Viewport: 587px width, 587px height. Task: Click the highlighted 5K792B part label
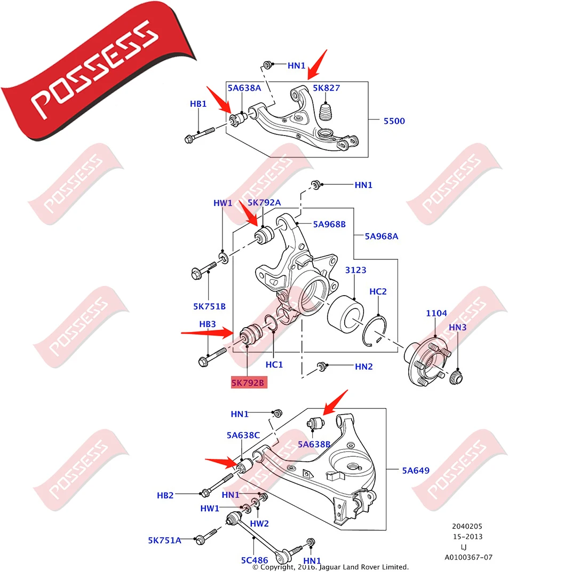click(248, 383)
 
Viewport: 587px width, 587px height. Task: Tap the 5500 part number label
click(394, 121)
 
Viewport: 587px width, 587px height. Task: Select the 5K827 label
click(326, 88)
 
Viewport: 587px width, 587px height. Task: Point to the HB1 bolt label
click(198, 104)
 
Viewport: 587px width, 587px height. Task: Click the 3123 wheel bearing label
click(355, 270)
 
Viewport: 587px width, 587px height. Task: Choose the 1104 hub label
click(436, 313)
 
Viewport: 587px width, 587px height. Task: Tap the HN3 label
click(457, 327)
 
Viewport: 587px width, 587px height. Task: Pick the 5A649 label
click(416, 470)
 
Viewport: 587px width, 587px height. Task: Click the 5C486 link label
click(254, 560)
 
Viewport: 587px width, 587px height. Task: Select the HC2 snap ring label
click(378, 291)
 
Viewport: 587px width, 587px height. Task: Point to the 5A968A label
click(381, 236)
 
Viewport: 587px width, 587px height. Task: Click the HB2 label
click(165, 495)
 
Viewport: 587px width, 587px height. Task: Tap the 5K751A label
click(164, 540)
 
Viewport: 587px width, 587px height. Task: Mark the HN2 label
click(363, 367)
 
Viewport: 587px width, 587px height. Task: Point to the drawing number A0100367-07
click(469, 557)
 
